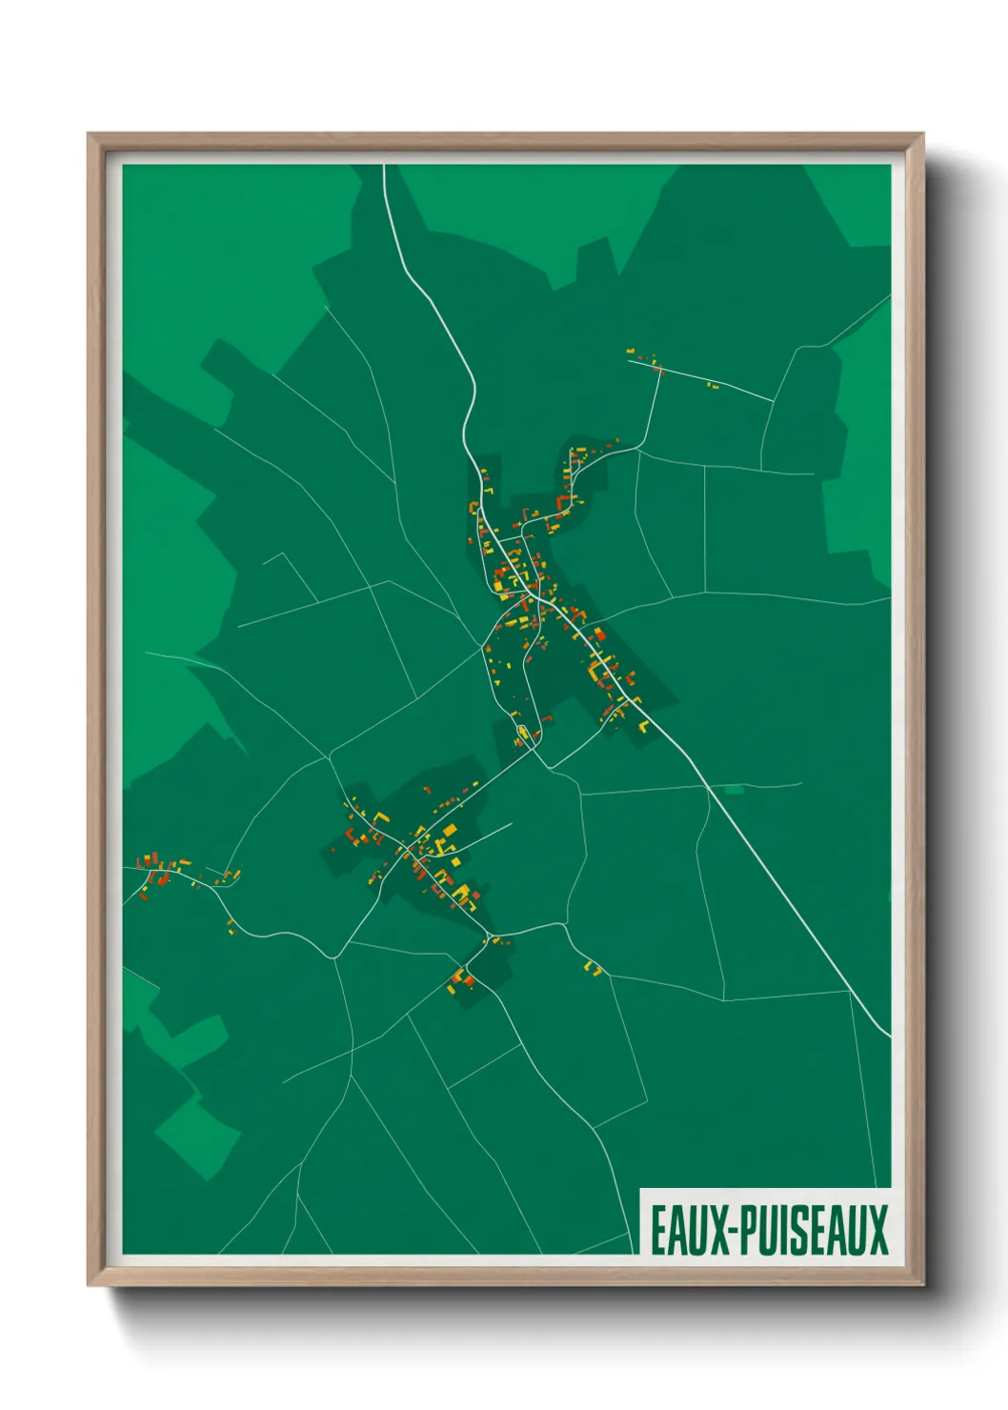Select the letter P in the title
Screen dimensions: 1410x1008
750,1230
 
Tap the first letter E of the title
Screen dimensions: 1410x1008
658,1230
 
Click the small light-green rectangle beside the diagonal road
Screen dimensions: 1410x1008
734,790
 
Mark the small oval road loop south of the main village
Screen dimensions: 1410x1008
522,733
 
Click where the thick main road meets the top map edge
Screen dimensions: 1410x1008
384,167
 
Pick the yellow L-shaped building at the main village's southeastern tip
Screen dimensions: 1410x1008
643,725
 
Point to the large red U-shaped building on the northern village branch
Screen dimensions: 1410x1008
563,502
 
